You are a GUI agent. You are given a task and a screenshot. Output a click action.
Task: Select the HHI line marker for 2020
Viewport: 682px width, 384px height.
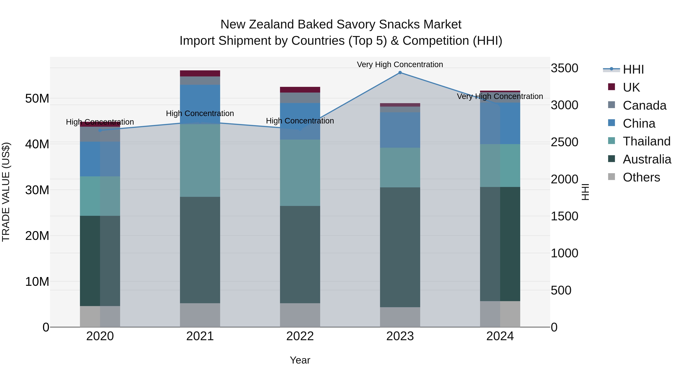100,130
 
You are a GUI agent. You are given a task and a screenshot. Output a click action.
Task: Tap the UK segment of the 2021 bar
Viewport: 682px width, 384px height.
200,73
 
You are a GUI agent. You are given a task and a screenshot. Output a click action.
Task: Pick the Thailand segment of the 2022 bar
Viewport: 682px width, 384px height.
300,173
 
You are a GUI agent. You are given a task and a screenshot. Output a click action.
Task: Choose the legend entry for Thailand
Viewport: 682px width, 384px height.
646,141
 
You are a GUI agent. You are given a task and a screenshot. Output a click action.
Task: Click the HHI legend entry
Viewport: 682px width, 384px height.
633,69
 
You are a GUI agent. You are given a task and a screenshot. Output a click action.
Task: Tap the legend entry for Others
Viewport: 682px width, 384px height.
641,177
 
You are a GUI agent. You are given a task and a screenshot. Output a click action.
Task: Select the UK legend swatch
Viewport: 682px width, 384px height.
611,87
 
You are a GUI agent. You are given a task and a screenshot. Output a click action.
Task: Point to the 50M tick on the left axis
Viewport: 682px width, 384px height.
37,99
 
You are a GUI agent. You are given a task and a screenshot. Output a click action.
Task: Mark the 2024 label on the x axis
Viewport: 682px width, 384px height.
500,336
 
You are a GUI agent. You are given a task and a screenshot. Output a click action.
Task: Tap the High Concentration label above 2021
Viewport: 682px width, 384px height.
200,113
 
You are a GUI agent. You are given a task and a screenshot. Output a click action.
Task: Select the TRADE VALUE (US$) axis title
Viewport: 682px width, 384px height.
6,192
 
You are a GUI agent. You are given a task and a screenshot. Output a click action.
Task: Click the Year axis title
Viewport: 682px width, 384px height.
300,360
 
